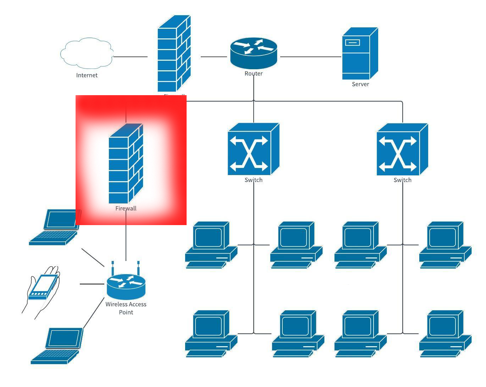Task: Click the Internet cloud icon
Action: point(87,53)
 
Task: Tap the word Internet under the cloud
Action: point(87,75)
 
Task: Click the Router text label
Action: point(254,73)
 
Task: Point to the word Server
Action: point(360,84)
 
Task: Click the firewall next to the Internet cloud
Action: point(174,53)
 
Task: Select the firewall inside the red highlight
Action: point(126,163)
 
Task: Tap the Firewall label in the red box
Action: point(126,208)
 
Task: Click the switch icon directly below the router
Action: point(253,149)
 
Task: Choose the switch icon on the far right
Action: point(402,149)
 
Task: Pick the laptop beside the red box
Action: point(55,227)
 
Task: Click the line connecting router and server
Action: point(310,56)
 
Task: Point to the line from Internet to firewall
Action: point(130,56)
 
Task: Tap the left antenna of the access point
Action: point(112,268)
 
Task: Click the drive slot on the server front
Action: point(352,43)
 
